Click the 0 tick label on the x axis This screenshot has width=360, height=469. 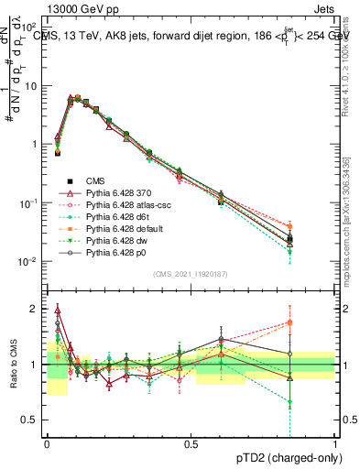47,443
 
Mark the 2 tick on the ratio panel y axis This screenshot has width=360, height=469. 38,309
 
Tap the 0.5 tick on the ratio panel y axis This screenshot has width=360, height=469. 34,420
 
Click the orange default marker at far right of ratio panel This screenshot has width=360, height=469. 315,322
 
